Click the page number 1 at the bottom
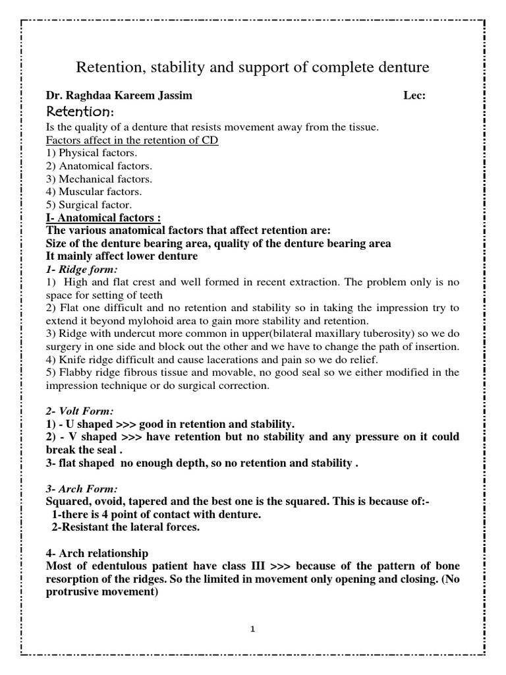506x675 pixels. [252, 630]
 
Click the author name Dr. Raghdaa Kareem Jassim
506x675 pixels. [119, 96]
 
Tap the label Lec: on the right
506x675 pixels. [414, 96]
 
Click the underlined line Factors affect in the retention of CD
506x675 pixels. [132, 140]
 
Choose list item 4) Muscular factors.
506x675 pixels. [94, 192]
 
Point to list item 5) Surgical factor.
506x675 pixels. [89, 204]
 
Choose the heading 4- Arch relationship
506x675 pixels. [96, 553]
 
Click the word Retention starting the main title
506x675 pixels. [109, 67]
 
